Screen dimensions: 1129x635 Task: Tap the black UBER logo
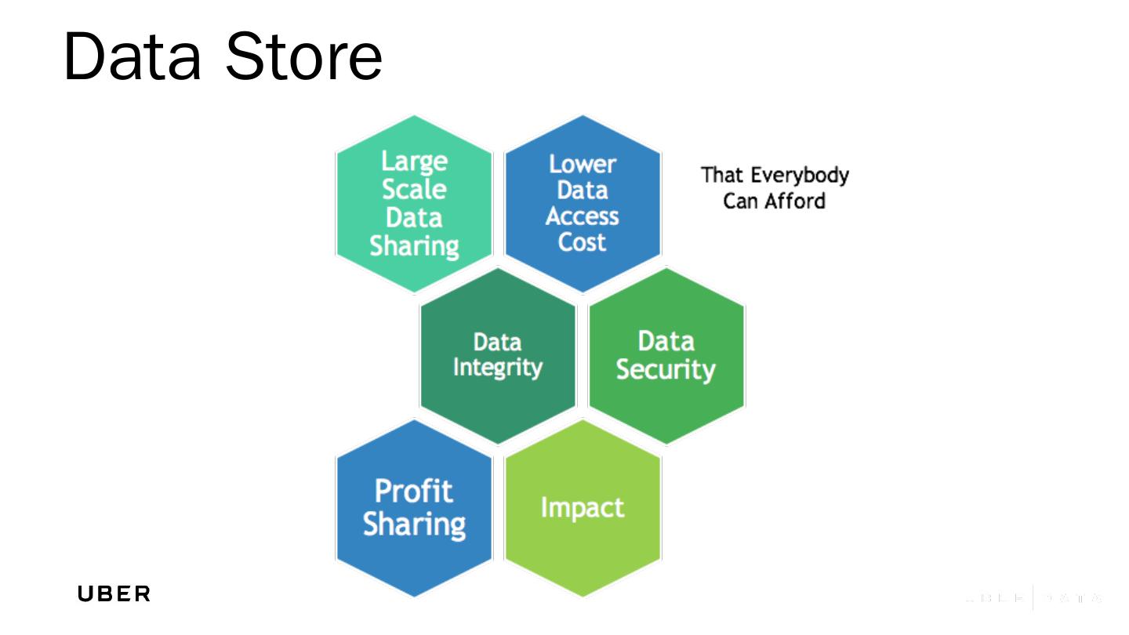pos(114,594)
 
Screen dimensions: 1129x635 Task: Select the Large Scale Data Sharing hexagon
pos(414,203)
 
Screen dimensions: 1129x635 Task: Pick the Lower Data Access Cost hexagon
pos(583,203)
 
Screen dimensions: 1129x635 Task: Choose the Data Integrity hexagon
pos(498,355)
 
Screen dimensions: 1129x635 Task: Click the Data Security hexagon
pos(666,355)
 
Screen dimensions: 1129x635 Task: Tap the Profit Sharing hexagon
pos(414,507)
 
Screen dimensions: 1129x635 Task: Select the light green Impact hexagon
pos(583,507)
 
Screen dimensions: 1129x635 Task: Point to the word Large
pos(414,161)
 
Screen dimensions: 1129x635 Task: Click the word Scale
pos(414,189)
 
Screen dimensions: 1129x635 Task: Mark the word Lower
pos(583,165)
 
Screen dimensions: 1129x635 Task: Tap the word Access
pos(583,216)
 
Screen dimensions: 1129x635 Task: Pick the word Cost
pos(583,242)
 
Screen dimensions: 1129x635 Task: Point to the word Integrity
pos(498,368)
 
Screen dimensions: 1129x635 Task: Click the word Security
pos(666,370)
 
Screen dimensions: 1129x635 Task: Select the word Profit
pos(414,492)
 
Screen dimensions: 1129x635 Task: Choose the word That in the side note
pos(721,174)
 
